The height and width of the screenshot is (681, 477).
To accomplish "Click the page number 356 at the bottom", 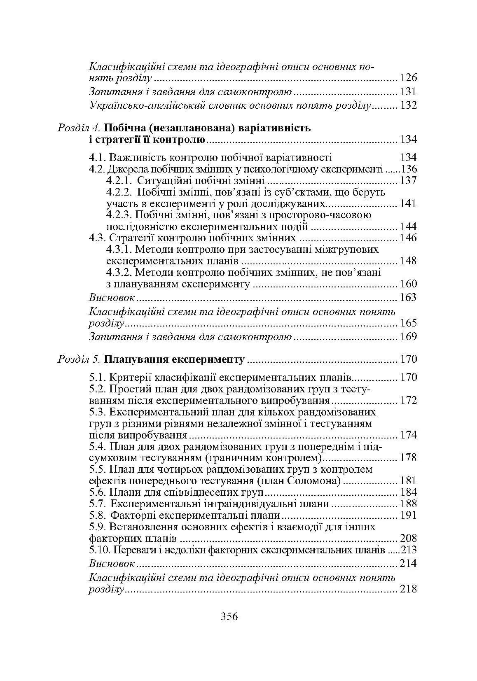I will click(229, 617).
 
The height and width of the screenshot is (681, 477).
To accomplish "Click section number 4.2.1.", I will click(119, 180).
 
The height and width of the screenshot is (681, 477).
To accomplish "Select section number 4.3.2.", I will click(119, 272).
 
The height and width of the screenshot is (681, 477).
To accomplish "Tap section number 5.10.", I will click(99, 550).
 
